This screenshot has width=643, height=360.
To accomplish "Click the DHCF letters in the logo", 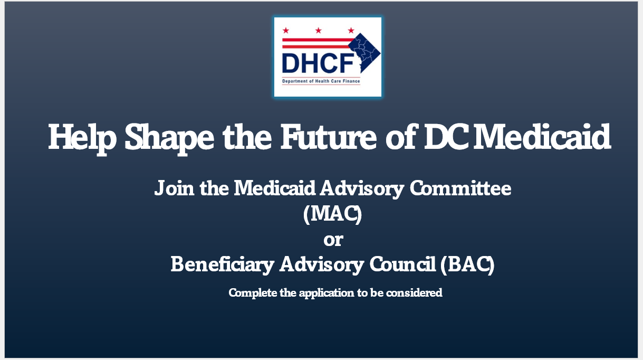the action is tap(318, 63).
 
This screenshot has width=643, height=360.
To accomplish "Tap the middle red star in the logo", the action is tap(319, 30).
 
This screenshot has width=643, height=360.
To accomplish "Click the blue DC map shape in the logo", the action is tap(364, 53).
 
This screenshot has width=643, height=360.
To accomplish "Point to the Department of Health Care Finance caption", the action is tap(321, 81).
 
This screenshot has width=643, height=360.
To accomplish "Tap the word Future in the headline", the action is tap(329, 137).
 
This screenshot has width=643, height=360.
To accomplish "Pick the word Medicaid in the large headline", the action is tap(542, 137).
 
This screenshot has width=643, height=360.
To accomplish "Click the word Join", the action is tap(174, 188).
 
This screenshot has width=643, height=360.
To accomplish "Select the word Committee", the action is tap(460, 188).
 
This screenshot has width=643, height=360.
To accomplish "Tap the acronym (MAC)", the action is tap(333, 214).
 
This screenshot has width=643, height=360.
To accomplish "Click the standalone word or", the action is tap(333, 240).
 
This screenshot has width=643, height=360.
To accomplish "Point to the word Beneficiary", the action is tap(223, 264).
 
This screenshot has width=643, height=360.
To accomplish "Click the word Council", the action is tap(402, 264).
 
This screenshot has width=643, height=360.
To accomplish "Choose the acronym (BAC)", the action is tap(467, 265).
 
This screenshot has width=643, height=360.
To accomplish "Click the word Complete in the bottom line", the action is tap(253, 293).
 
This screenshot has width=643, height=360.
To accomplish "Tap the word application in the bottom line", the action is tap(327, 293).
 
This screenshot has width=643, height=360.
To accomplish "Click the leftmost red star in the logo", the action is tap(285, 30).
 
